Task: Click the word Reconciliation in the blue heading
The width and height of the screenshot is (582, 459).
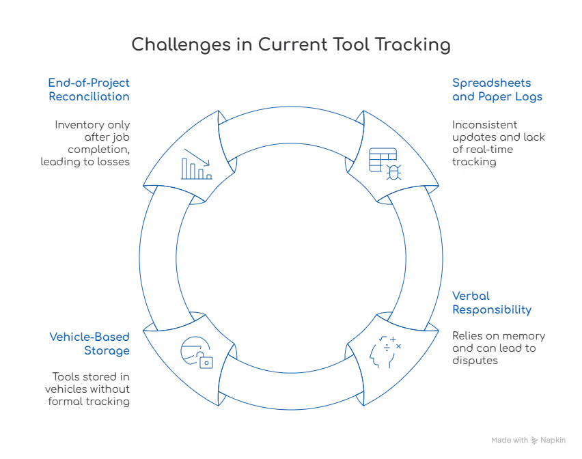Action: point(89,97)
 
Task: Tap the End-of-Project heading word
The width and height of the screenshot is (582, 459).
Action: point(89,82)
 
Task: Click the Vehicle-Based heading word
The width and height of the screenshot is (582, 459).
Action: point(89,336)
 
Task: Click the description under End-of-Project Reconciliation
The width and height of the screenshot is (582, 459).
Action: point(93,144)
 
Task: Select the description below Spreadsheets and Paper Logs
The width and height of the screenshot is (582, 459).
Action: point(497,144)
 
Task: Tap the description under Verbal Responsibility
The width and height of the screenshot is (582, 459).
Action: point(497,348)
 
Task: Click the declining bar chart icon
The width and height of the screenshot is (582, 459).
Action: point(196,164)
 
